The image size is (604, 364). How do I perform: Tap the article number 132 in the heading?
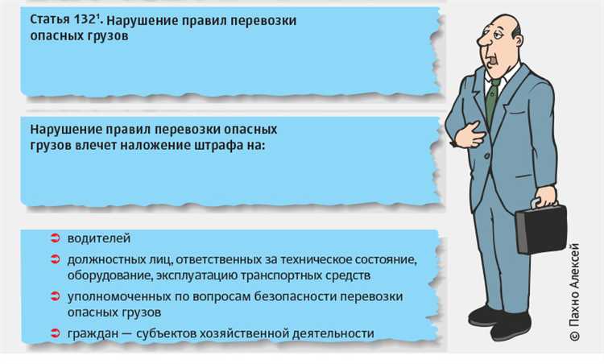coord(85,19)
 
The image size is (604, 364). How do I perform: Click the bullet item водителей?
coord(98,239)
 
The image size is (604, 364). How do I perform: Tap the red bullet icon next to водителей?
coord(56,239)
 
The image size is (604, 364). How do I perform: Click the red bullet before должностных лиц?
coord(56,259)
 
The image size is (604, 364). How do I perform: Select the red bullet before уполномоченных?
coord(56,296)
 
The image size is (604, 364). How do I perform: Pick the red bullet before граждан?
coord(56,333)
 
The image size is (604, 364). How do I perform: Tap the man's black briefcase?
coord(540,229)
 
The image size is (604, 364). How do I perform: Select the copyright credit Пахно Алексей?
coord(573,291)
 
